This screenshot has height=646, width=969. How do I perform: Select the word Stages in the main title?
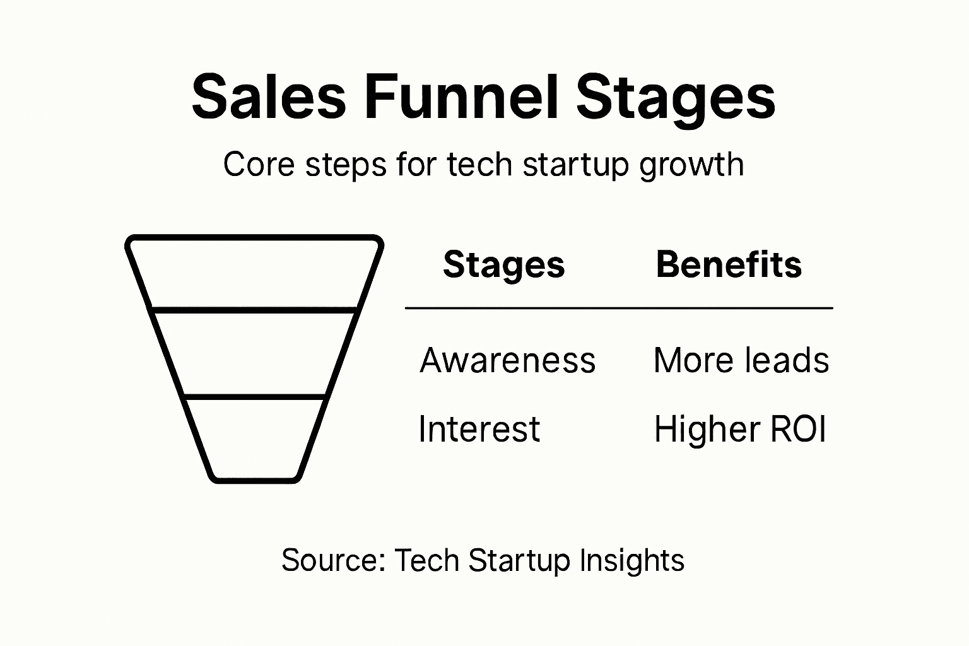[x=675, y=98]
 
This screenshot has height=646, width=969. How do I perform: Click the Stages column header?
[x=503, y=264]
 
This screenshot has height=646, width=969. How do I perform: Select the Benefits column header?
[x=729, y=264]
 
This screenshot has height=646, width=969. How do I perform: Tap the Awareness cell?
[x=507, y=361]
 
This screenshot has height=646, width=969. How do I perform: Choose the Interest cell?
[x=479, y=430]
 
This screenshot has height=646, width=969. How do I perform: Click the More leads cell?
[x=741, y=361]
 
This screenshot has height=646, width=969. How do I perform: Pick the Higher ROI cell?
[x=740, y=430]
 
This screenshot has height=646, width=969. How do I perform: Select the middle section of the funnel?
[x=255, y=353]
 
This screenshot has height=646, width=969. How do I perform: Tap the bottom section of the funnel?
[x=255, y=438]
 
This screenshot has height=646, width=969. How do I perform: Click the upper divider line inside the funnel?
[x=255, y=310]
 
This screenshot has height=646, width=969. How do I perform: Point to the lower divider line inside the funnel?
[x=255, y=396]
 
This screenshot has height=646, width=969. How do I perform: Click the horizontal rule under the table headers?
[x=618, y=308]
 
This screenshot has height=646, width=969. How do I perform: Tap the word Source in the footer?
[x=332, y=560]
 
